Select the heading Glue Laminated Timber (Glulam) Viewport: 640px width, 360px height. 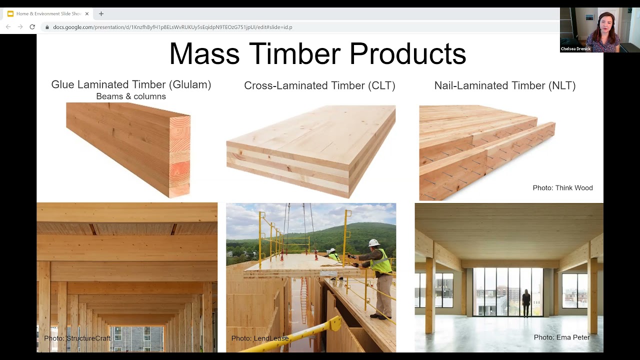(x=131, y=85)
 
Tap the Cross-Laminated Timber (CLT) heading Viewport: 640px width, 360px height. (x=319, y=85)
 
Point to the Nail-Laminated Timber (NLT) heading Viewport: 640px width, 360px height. (x=504, y=85)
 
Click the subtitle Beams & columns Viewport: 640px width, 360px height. (x=131, y=96)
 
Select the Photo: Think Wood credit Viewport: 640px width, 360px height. (x=562, y=188)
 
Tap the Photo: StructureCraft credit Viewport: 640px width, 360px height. (x=77, y=338)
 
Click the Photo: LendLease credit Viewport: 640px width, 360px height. (x=260, y=338)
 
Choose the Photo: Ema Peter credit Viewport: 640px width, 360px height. (x=561, y=337)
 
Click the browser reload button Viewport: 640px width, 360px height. (x=32, y=27)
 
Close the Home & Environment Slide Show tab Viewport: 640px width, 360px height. (x=87, y=14)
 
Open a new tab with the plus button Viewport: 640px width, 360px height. (x=101, y=14)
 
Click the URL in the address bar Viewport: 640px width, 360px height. (x=172, y=27)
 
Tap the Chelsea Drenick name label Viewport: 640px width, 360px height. (x=575, y=49)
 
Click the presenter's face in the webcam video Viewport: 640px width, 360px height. (x=604, y=25)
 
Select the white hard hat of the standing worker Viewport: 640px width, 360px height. (x=373, y=243)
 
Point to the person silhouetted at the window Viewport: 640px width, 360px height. (x=526, y=302)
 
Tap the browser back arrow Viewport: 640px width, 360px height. (x=8, y=27)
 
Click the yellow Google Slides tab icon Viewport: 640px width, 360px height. (x=10, y=14)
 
